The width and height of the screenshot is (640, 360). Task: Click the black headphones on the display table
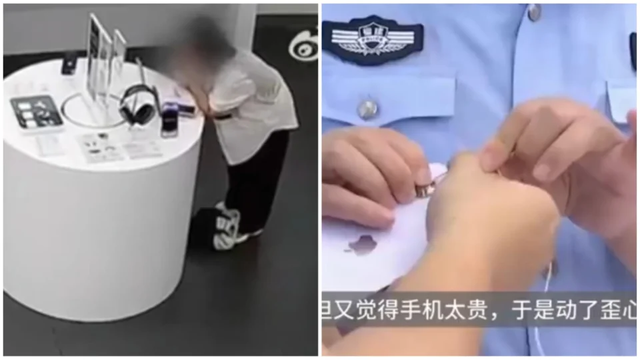[x=137, y=105]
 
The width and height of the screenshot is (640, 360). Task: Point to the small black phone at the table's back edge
[x=69, y=65]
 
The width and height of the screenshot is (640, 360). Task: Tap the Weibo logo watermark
[x=303, y=43]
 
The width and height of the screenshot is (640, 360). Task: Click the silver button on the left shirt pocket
[x=367, y=109]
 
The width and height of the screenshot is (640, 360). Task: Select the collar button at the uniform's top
[x=533, y=11]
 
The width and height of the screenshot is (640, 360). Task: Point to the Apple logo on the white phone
[x=363, y=245]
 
